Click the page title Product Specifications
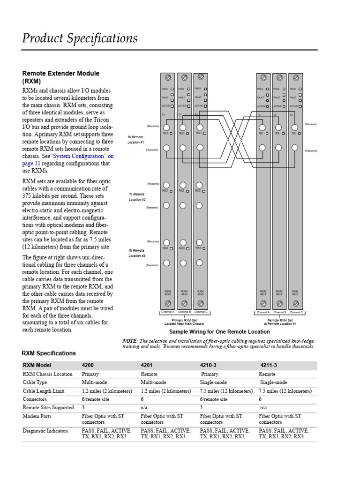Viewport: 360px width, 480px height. click(80, 38)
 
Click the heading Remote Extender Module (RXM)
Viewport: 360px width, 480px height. click(61, 77)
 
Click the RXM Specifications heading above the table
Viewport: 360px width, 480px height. click(49, 353)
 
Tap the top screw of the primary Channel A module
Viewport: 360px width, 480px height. click(167, 77)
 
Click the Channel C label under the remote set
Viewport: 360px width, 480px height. click(296, 312)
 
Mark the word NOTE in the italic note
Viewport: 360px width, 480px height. click(130, 341)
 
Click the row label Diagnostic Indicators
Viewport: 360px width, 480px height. click(45, 431)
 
